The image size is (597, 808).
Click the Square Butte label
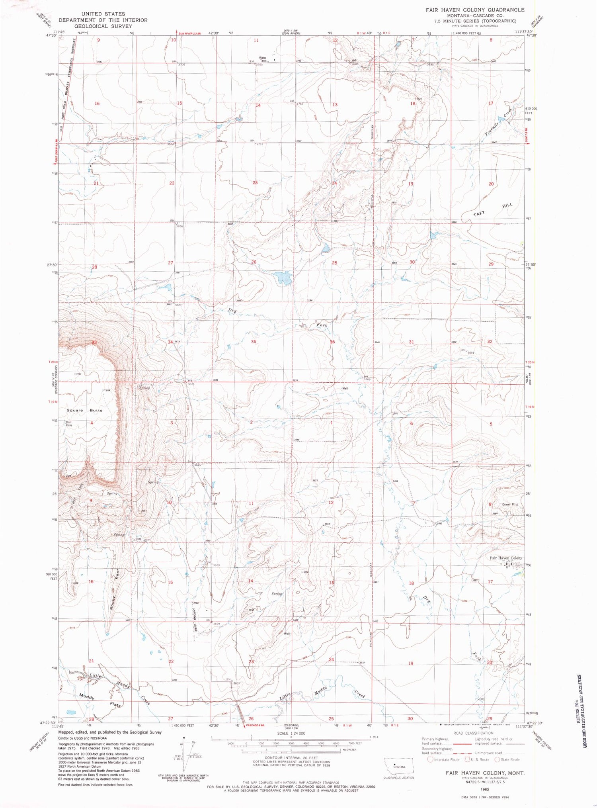[x=84, y=410]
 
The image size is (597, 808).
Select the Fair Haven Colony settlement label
[x=505, y=558]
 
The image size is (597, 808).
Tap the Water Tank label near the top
[x=263, y=59]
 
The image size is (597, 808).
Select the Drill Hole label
[x=69, y=423]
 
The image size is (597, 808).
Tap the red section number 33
[x=94, y=342]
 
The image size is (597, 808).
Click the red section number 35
[x=254, y=342]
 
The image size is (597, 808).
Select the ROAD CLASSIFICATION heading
[x=473, y=733]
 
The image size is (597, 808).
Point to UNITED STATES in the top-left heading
[x=103, y=14]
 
